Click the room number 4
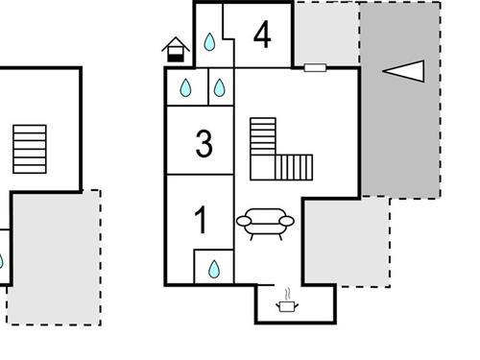pos(262,36)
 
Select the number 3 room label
pos(204,144)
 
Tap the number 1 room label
pos(201,221)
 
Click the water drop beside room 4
pos(209,42)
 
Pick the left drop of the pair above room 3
pos(185,88)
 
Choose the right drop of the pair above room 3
pos(219,88)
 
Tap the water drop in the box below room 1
pos(214,267)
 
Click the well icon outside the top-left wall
pos(174,50)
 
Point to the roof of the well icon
pos(174,42)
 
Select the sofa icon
pos(265,223)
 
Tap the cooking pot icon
pos(286,305)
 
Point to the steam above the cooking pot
pos(286,291)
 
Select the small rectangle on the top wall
pos(315,67)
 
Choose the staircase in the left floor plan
pos(30,149)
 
